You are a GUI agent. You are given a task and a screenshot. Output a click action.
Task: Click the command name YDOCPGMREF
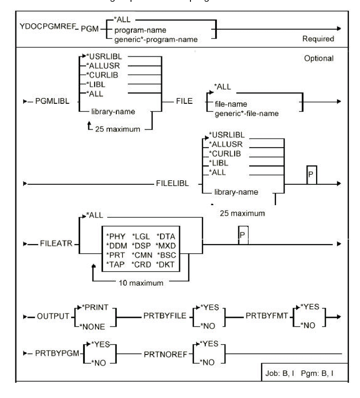48,26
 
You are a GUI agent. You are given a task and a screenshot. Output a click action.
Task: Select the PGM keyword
90,29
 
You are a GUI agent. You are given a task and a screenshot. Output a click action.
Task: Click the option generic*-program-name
156,39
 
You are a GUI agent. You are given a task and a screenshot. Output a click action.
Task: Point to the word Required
318,39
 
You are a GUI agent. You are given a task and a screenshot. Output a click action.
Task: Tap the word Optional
319,58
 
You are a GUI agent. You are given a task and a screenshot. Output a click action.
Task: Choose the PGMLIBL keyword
52,101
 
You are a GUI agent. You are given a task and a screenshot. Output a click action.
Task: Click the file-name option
231,104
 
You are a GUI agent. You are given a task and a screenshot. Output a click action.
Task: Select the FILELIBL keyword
172,183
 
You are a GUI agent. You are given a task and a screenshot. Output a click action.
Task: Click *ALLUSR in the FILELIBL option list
226,144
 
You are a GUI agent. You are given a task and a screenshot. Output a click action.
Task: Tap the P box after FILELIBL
311,175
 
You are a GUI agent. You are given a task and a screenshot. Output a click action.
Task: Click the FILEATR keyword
56,243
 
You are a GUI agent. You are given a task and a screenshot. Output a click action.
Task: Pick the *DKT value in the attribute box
166,265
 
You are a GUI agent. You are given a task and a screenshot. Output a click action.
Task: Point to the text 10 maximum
141,283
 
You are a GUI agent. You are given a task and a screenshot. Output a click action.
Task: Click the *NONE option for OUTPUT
93,327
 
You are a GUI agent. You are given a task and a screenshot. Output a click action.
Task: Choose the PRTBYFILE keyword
165,316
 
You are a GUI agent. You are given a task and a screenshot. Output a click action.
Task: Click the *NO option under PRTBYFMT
308,325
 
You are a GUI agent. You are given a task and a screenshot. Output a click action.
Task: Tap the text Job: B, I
280,373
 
